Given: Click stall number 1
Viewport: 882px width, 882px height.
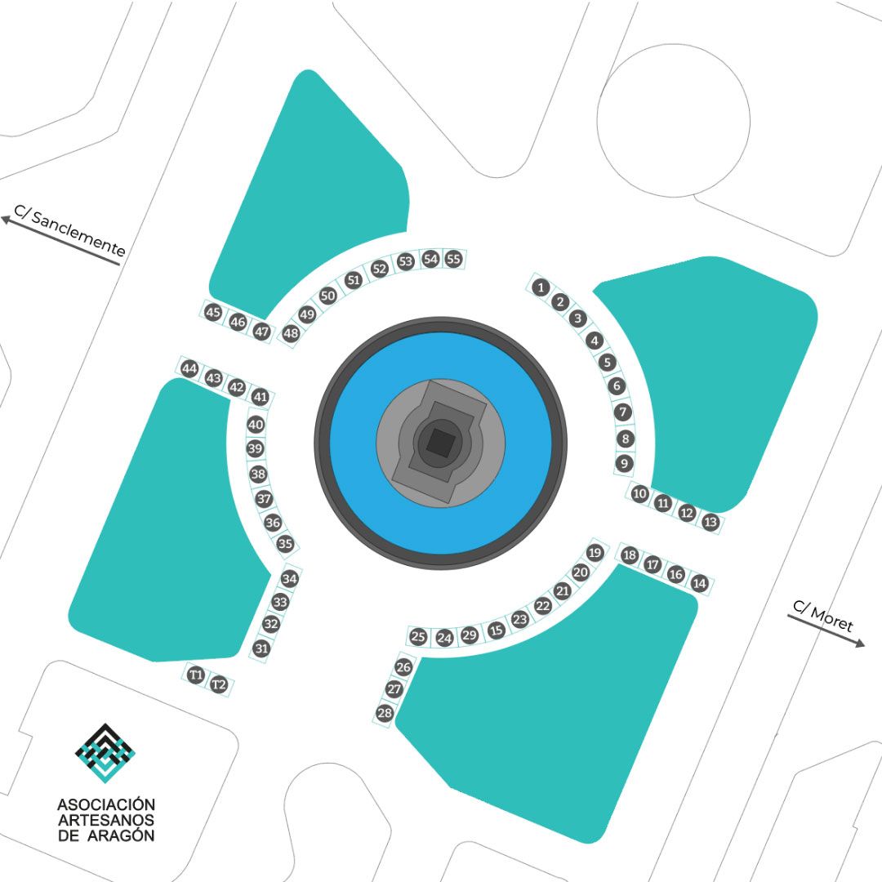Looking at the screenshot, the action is tap(541, 288).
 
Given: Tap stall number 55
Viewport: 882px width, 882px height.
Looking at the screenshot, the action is tap(453, 259).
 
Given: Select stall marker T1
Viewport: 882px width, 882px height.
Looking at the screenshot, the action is tap(195, 675).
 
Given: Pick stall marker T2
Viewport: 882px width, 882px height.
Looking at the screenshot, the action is tap(218, 684).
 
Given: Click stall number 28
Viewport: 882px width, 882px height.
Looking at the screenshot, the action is tap(385, 713).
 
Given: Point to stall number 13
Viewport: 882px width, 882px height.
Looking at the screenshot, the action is tap(710, 522).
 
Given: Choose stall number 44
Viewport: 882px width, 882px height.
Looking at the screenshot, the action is tap(189, 369).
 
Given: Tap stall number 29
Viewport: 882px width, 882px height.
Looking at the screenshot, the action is tap(469, 635).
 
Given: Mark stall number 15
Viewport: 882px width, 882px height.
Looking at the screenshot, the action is tap(497, 630).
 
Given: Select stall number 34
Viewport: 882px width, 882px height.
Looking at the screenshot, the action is tap(290, 578).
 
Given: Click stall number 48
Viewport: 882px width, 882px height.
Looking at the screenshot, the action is tap(291, 333).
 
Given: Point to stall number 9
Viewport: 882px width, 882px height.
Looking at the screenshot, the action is tap(625, 464).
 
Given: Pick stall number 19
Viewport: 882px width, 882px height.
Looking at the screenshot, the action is tap(595, 552).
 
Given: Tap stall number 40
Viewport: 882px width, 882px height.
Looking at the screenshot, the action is tap(256, 424).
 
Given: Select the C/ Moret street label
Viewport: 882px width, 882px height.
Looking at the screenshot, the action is tap(823, 616).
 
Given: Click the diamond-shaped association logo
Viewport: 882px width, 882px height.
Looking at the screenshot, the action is tap(105, 753).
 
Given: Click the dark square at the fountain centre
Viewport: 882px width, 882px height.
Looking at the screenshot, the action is tap(440, 440).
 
